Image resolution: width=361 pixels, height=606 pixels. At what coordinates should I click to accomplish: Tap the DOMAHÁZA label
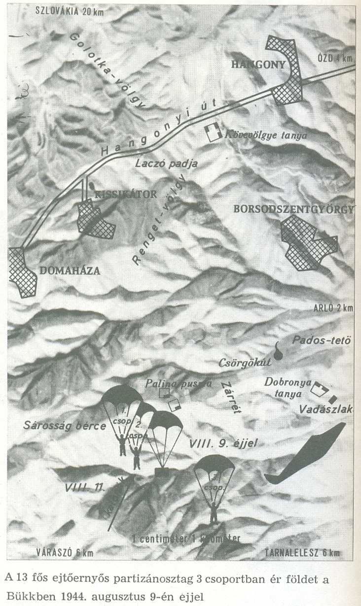click(70, 270)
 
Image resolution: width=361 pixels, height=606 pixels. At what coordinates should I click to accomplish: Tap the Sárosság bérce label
click(64, 426)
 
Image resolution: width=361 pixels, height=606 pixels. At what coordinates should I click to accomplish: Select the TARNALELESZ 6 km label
click(302, 552)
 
